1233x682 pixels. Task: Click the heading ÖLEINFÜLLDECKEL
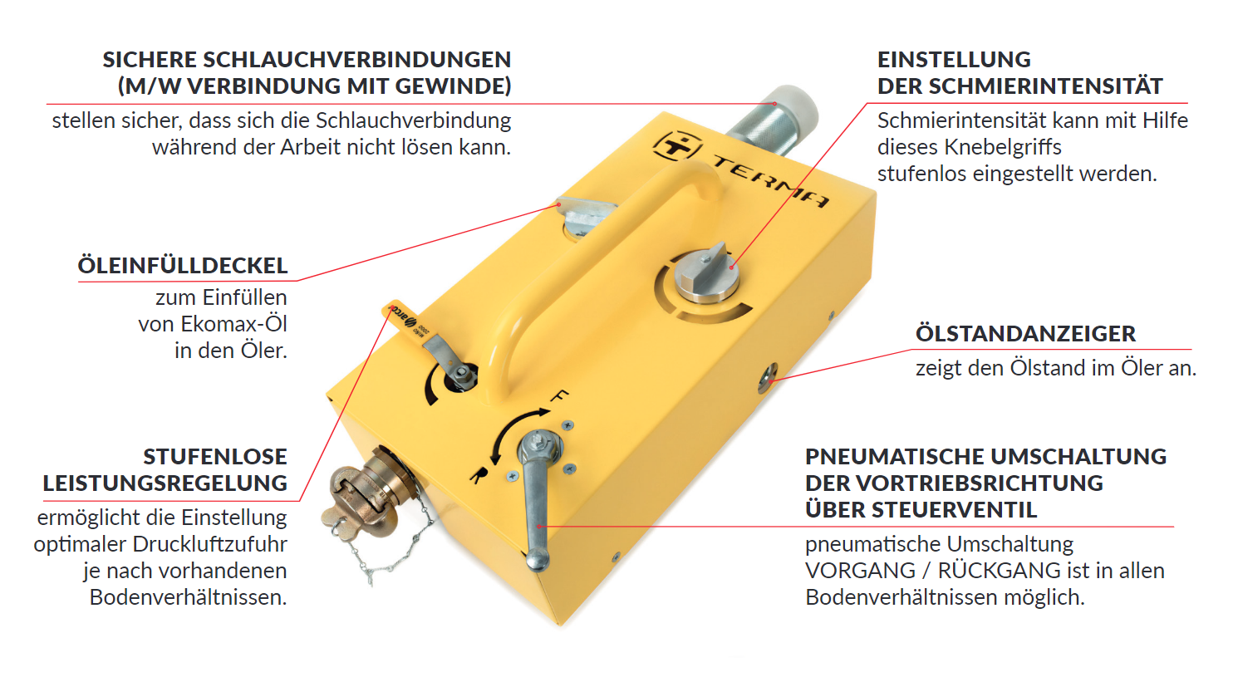tap(182, 265)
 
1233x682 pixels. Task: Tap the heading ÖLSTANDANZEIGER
tap(1025, 334)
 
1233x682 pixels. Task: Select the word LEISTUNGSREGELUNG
tap(165, 483)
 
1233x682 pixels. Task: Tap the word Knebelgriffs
tap(1003, 147)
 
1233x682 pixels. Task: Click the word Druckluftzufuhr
tap(209, 544)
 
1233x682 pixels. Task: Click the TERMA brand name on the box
tap(770, 180)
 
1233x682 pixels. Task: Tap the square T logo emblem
tap(678, 146)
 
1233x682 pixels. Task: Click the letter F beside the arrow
tap(560, 395)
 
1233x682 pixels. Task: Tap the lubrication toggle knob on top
tap(707, 273)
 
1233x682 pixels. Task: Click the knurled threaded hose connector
tap(771, 121)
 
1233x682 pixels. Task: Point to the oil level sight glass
tap(766, 378)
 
